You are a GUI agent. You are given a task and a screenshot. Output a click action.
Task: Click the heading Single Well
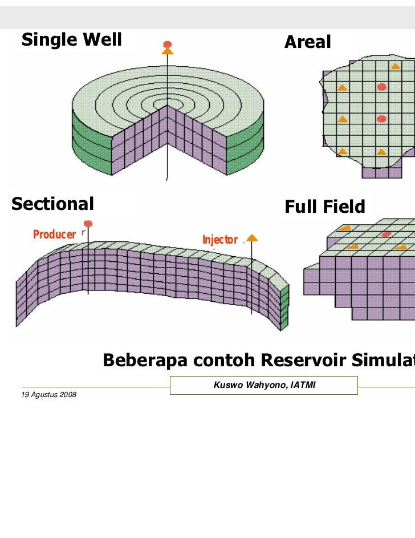pyautogui.click(x=72, y=40)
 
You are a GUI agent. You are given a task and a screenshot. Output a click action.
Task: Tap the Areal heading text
pyautogui.click(x=308, y=42)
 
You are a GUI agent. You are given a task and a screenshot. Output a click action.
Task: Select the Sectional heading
pyautogui.click(x=52, y=204)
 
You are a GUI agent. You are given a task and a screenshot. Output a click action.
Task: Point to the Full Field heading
pyautogui.click(x=325, y=207)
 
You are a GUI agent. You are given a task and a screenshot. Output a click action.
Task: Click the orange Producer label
pyautogui.click(x=54, y=234)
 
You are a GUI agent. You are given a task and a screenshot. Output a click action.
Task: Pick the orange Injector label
pyautogui.click(x=219, y=240)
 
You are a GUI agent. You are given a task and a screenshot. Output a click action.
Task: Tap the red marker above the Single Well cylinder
pyautogui.click(x=167, y=44)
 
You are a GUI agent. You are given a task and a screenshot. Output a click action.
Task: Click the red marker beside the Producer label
pyautogui.click(x=88, y=223)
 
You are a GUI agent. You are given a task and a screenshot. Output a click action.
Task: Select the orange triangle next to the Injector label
pyautogui.click(x=251, y=237)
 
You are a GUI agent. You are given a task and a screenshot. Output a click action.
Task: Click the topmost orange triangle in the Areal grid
pyautogui.click(x=395, y=66)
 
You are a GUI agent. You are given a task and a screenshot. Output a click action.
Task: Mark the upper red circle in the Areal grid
pyautogui.click(x=381, y=87)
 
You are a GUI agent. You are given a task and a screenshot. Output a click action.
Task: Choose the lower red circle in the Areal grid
pyautogui.click(x=381, y=119)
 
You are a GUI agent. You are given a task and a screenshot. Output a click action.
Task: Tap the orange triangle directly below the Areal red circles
pyautogui.click(x=381, y=152)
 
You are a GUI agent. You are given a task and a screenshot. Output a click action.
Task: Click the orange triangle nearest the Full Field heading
pyautogui.click(x=345, y=228)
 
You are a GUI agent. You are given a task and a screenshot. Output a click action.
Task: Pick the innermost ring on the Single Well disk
pyautogui.click(x=167, y=105)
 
